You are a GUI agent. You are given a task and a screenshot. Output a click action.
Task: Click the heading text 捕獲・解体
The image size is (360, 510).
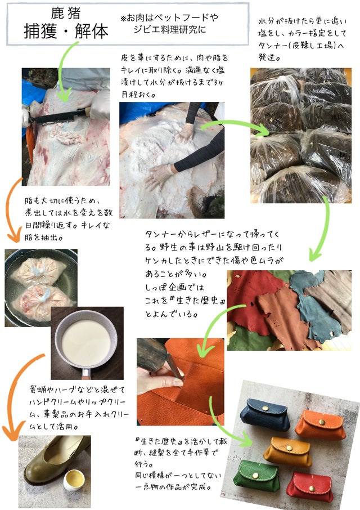[66, 32]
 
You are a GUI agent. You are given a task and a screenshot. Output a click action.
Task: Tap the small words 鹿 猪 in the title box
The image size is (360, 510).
[66, 14]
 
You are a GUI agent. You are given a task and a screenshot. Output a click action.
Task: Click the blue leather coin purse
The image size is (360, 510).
[265, 415]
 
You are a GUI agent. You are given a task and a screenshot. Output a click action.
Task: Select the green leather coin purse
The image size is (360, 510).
[256, 476]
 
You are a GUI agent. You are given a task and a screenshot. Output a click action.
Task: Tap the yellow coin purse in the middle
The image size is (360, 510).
[287, 451]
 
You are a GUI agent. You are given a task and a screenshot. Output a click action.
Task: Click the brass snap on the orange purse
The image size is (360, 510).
[322, 422]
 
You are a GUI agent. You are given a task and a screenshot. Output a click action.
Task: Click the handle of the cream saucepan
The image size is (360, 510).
[85, 373]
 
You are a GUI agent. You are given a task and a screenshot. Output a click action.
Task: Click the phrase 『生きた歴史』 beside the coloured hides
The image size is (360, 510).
[200, 301]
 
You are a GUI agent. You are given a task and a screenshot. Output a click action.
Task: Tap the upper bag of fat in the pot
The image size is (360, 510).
[39, 271]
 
